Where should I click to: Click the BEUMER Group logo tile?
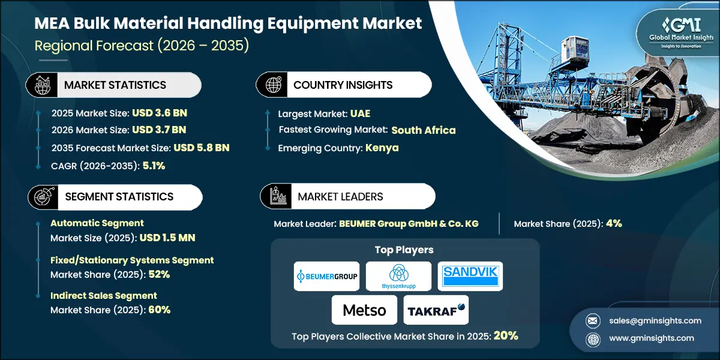[x=326, y=277]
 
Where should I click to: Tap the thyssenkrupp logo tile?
[x=398, y=277]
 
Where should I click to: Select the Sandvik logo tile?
[x=470, y=277]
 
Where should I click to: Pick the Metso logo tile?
[x=364, y=310]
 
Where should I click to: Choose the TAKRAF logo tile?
[x=437, y=310]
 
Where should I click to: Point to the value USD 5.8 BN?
[x=202, y=148]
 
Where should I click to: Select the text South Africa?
[x=424, y=130]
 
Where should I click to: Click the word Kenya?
[x=382, y=148]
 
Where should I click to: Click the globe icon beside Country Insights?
[x=274, y=85]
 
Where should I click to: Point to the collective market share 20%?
[x=506, y=335]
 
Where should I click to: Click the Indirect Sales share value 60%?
[x=159, y=310]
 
